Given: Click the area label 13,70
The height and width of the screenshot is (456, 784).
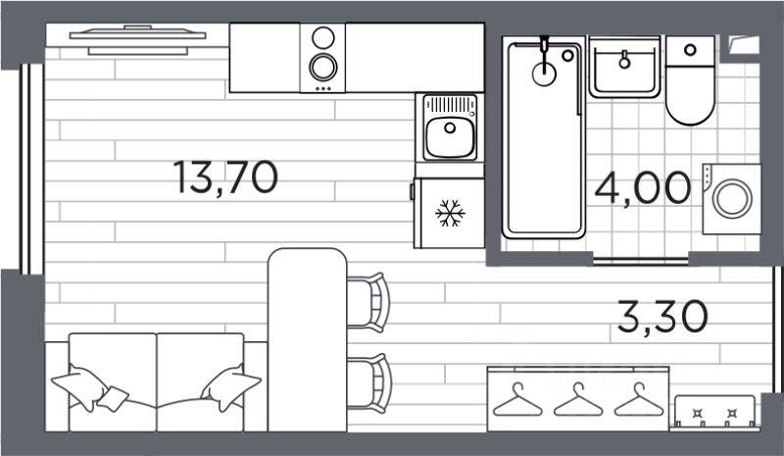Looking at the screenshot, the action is [225, 177].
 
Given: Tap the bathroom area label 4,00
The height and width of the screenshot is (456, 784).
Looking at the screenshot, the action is [643, 187].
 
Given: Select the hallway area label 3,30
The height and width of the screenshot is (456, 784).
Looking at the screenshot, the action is [662, 317].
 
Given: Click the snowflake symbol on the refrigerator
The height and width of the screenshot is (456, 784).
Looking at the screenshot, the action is [450, 213].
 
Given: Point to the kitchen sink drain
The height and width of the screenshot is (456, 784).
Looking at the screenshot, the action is [450, 127].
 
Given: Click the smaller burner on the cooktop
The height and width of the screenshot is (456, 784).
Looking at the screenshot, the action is [323, 38].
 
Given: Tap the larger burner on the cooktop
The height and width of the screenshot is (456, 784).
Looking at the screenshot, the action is [323, 67].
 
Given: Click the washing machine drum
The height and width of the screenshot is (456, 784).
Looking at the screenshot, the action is [732, 199].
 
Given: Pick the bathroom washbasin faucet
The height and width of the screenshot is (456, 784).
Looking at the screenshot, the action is [624, 60].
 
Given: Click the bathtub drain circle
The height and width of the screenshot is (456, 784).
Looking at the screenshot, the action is [544, 75].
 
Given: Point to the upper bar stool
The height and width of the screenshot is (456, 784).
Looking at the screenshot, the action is [369, 302].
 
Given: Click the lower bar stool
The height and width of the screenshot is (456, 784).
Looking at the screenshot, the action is [369, 383].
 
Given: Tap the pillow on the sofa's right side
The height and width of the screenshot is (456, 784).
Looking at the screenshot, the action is [230, 387].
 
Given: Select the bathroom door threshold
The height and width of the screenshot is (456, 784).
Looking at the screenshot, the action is [641, 261].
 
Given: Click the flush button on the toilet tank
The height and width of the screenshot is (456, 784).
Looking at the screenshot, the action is [690, 50].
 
